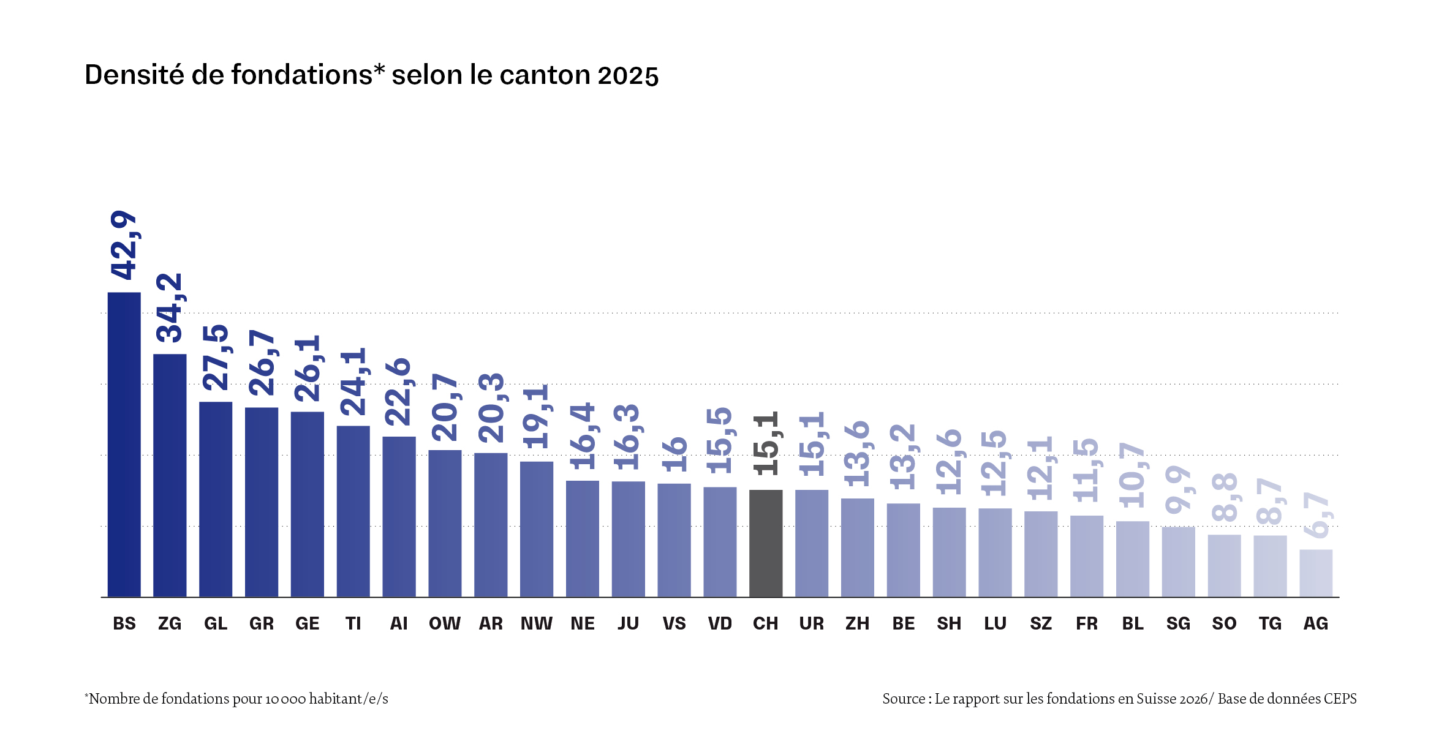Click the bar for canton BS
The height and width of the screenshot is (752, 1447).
124,444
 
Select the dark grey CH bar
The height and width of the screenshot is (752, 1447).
766,543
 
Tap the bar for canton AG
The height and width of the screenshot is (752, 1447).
1316,573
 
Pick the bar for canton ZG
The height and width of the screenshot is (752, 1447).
170,475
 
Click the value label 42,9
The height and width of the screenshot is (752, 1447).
124,245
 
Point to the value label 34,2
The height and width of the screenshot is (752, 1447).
170,307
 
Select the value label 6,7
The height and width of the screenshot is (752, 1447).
1316,515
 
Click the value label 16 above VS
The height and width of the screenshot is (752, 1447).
674,454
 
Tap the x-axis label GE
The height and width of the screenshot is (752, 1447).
307,623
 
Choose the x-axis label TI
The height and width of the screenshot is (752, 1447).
353,623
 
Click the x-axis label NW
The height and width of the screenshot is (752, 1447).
536,623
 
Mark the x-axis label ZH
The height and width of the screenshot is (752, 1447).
857,623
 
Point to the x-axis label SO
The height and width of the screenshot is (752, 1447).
1224,623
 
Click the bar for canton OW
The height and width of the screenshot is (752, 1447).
445,524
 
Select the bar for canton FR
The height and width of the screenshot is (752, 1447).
1087,556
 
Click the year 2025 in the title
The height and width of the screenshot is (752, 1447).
628,75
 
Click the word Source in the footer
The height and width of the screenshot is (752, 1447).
903,699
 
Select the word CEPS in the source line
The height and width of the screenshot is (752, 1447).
1340,699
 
